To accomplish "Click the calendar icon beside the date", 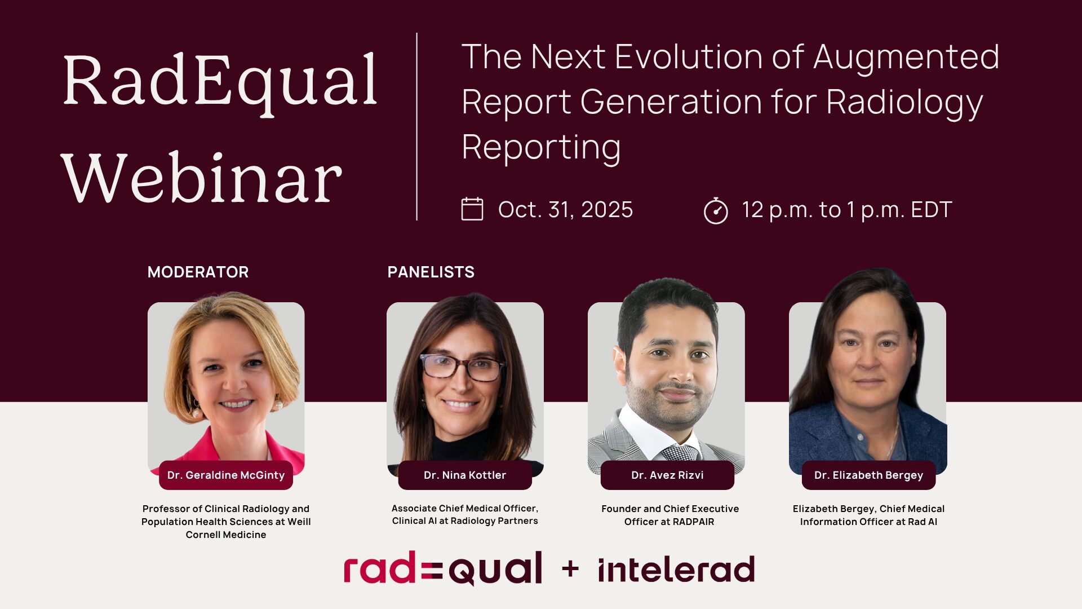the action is (472, 209).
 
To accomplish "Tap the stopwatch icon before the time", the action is (716, 210).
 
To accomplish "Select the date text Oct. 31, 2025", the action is (565, 210).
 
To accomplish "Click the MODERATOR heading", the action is (198, 272).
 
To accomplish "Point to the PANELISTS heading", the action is (431, 272).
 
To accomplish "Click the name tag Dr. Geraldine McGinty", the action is (226, 475).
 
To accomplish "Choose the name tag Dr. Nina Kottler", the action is (465, 475).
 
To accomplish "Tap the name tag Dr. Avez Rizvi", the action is (667, 475).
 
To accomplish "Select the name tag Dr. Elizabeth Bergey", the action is (868, 475).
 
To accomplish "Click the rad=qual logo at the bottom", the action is (443, 568).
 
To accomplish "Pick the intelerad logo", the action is (676, 570).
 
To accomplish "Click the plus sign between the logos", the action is (570, 569).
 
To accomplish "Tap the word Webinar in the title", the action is (202, 178).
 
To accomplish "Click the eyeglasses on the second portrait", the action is (462, 367).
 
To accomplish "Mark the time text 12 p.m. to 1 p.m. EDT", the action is (846, 210).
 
